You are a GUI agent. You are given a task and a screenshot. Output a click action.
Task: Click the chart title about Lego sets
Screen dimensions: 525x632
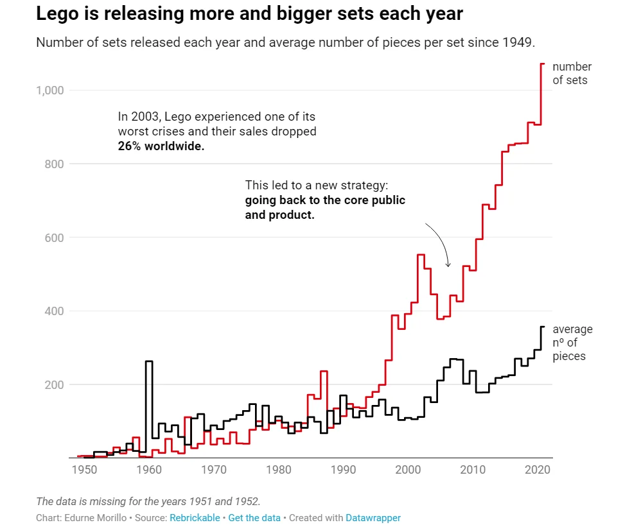click(249, 14)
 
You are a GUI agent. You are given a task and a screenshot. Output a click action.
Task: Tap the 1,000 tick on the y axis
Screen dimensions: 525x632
click(50, 90)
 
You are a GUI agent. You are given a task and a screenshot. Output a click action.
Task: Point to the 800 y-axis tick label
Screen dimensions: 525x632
click(55, 164)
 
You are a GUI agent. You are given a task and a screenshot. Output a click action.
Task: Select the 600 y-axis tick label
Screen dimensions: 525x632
click(55, 237)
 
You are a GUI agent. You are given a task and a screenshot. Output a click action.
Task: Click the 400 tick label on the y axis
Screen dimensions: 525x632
click(55, 311)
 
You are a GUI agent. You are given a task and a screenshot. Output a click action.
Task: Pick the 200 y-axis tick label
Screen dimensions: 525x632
click(55, 385)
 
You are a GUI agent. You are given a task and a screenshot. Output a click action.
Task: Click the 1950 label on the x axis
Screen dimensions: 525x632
click(83, 470)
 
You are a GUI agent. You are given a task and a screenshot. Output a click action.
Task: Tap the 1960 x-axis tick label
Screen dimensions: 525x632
click(148, 470)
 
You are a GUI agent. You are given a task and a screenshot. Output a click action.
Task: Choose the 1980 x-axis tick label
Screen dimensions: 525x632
click(278, 470)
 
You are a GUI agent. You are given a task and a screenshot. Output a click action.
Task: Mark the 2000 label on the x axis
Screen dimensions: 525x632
click(408, 470)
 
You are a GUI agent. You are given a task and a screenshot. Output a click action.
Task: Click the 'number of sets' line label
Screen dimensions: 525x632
click(572, 73)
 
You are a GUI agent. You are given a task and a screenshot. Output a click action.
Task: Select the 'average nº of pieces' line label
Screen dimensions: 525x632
click(572, 343)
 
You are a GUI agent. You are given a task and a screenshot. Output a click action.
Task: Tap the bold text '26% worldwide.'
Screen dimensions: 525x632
click(161, 146)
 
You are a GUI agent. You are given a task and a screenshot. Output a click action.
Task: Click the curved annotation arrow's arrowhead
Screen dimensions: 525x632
click(448, 265)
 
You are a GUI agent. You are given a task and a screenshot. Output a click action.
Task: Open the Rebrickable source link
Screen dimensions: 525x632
click(195, 517)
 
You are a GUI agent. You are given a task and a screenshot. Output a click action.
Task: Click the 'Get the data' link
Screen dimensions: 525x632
click(254, 517)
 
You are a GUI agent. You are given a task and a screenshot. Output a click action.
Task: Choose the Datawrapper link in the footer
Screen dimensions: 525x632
click(373, 517)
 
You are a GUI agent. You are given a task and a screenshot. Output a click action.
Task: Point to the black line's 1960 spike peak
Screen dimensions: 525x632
click(149, 361)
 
